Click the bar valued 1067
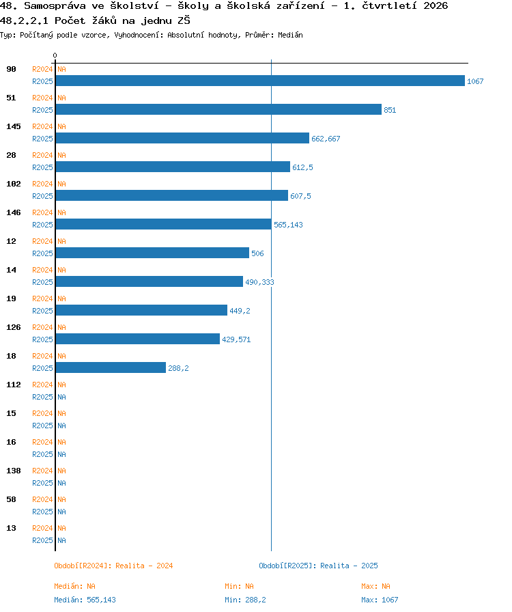point(260,81)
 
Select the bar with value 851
point(218,109)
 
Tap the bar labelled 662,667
point(183,138)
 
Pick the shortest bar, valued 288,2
point(111,367)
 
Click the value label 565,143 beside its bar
point(288,225)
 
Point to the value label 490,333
point(259,282)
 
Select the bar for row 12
point(153,253)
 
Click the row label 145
point(14,126)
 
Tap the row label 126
point(14,327)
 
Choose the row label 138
point(14,471)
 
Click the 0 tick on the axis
point(55,55)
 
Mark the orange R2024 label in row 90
point(42,69)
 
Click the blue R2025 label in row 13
point(42,540)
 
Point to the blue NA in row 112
point(61,397)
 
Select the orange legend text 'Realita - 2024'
point(144,566)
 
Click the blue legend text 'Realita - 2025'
point(349,566)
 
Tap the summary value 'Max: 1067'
point(380,600)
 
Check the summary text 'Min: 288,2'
point(245,600)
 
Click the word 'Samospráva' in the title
point(55,6)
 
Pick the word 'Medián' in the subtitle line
point(290,35)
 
